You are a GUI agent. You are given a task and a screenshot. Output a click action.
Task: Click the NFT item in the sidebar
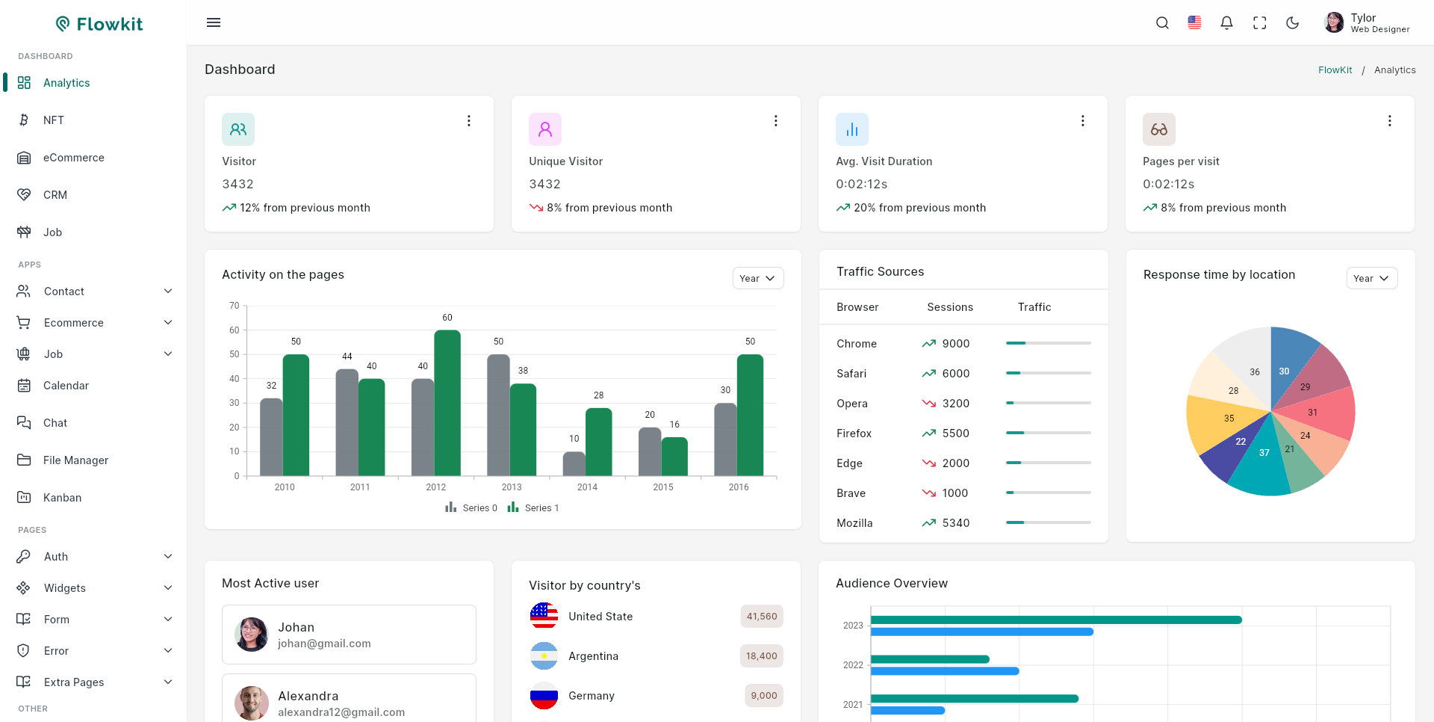pos(53,120)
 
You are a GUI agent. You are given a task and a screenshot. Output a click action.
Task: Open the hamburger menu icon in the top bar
pos(214,22)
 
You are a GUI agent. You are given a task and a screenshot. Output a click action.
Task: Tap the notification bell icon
pos(1226,23)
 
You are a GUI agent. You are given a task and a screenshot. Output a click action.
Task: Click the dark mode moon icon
pos(1293,23)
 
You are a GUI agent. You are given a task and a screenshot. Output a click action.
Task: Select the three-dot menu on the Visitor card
pos(469,121)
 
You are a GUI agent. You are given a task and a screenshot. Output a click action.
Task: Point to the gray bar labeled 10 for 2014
pos(574,464)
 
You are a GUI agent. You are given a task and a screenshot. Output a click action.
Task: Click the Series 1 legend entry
pos(533,508)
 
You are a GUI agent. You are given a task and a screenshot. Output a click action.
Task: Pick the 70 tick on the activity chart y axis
pos(235,306)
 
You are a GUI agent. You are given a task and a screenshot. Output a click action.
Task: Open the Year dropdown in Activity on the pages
pos(757,278)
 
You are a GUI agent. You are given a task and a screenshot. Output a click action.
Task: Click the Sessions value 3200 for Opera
pos(955,404)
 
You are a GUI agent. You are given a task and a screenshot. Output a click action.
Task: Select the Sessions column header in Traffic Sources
pos(949,307)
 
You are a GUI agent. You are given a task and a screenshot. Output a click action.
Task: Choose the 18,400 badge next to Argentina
pos(761,656)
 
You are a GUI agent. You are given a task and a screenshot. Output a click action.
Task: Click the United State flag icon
pos(544,617)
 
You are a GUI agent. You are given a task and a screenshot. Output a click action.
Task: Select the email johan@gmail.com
pos(324,644)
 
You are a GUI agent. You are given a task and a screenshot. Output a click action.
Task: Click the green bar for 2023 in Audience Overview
pos(1055,620)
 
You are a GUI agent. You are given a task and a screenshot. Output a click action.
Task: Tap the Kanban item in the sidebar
pos(62,498)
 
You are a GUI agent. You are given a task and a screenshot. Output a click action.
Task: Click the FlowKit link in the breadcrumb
pos(1335,70)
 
